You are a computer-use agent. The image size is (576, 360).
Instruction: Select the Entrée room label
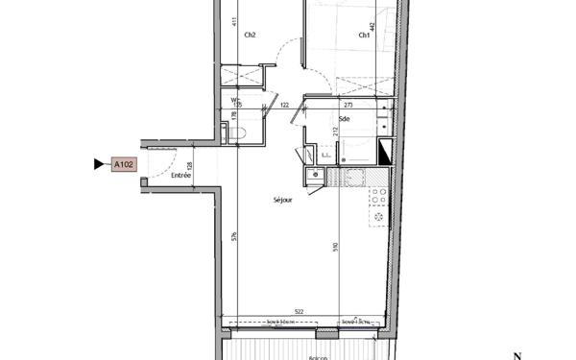click(x=180, y=176)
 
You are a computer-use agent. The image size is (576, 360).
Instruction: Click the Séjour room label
click(x=281, y=200)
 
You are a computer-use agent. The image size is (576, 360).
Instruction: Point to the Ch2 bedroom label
click(x=250, y=36)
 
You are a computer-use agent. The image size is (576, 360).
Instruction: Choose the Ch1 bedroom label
click(x=365, y=36)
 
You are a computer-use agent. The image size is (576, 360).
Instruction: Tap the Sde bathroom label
click(x=344, y=118)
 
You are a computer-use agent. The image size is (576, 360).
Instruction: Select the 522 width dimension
click(x=300, y=312)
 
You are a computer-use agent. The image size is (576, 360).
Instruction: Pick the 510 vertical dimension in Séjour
click(x=335, y=247)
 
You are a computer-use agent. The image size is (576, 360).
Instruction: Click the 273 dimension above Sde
click(x=348, y=104)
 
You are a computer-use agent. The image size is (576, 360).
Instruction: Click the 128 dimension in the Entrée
click(x=190, y=165)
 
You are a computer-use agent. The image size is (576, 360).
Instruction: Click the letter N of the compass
click(x=516, y=354)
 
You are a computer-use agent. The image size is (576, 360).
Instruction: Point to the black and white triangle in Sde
click(x=386, y=150)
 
